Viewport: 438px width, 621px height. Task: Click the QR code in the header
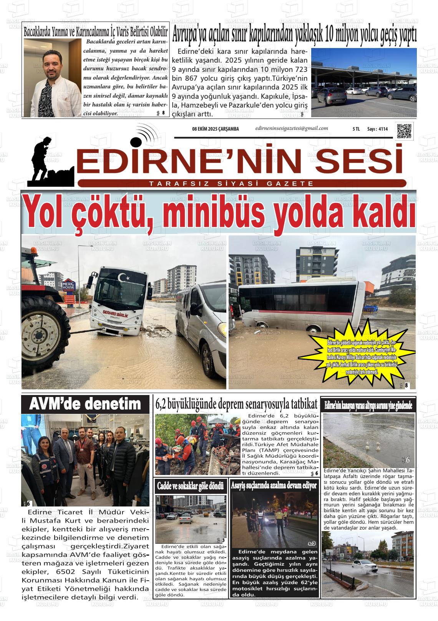click(404, 131)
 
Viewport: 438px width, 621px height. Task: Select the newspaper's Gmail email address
click(291, 128)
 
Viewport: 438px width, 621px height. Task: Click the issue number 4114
click(383, 129)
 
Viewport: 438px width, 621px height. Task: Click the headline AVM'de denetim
click(85, 404)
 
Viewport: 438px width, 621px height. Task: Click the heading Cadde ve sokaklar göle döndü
click(191, 486)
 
